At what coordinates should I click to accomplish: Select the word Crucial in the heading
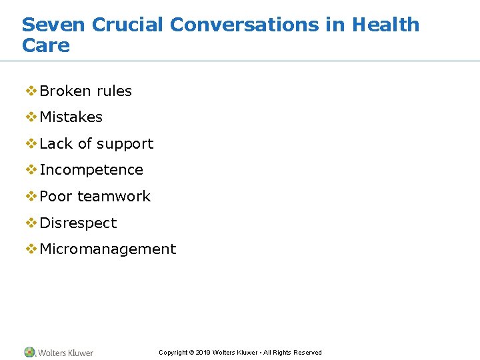(127, 25)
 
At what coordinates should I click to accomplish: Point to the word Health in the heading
(386, 25)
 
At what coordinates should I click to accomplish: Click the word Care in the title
(45, 46)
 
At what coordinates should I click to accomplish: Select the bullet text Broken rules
(85, 91)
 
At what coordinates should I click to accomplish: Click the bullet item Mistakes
(71, 117)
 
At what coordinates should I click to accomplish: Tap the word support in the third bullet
(125, 144)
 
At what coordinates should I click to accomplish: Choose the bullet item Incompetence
(91, 170)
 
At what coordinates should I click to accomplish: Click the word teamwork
(114, 197)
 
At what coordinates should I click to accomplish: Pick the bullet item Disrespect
(78, 223)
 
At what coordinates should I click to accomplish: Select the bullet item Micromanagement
(108, 249)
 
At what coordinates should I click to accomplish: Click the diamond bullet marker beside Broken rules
(31, 91)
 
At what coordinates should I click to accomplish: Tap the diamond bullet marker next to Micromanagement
(31, 249)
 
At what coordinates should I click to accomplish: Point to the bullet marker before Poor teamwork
(31, 196)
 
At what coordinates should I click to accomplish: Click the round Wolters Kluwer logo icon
(29, 352)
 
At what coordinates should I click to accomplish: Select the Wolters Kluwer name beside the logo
(65, 353)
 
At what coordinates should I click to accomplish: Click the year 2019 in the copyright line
(203, 353)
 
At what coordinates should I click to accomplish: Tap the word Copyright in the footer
(173, 353)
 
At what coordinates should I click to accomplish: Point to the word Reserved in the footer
(307, 353)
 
